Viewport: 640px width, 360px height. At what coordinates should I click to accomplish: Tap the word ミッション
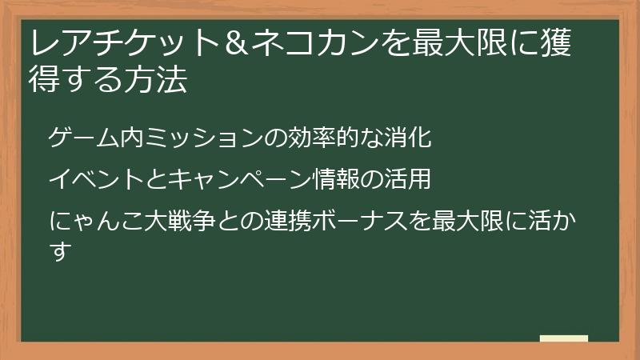pos(195,138)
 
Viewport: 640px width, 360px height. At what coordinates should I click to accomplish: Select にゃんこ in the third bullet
pos(95,221)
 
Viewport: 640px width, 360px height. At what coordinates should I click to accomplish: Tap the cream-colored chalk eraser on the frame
pos(564,339)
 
